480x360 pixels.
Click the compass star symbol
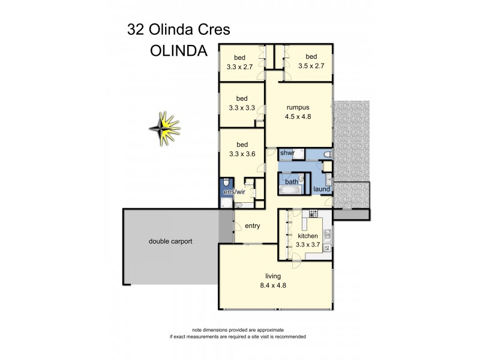pos(165,128)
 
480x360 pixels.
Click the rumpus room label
pos(298,108)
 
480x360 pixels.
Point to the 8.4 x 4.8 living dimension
pos(273,286)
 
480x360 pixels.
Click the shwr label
pos(287,154)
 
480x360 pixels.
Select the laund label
pos(322,190)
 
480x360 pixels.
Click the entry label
pos(251,226)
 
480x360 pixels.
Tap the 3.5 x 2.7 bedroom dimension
pos(311,66)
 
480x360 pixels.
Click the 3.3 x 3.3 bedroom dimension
pos(242,108)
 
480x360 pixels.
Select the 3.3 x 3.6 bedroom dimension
pos(242,154)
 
